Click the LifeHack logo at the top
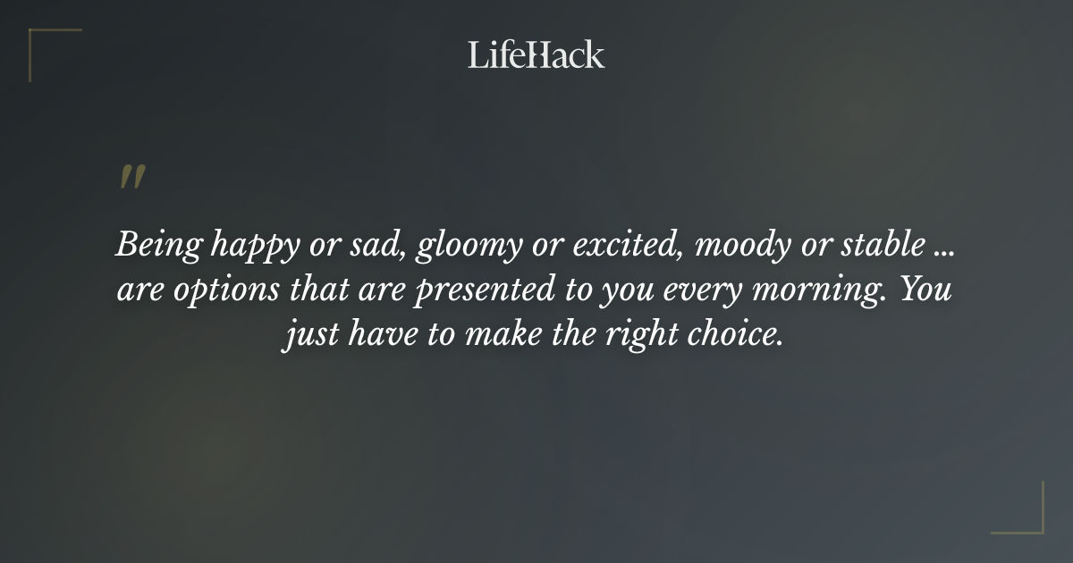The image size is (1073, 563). [x=536, y=55]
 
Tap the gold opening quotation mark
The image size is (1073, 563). [x=132, y=177]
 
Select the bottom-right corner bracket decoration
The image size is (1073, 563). [x=1028, y=518]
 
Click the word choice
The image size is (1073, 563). [x=731, y=338]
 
